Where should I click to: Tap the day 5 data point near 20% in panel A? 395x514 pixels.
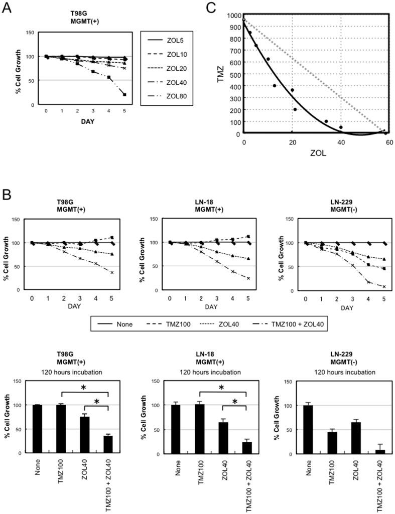point(123,95)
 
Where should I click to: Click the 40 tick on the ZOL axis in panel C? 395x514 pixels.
point(341,142)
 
